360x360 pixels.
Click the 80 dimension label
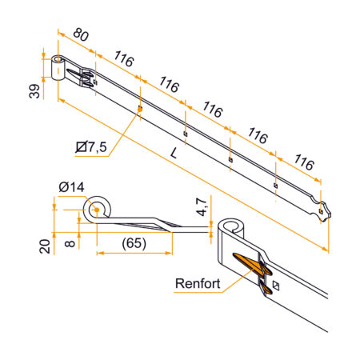click(79, 36)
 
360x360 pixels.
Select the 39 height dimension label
click(34, 90)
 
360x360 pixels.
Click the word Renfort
click(198, 284)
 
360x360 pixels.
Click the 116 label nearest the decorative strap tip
click(302, 162)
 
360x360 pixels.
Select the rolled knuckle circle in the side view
click(97, 209)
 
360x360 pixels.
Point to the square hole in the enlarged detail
click(277, 286)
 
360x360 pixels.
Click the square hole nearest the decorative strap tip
click(275, 186)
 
